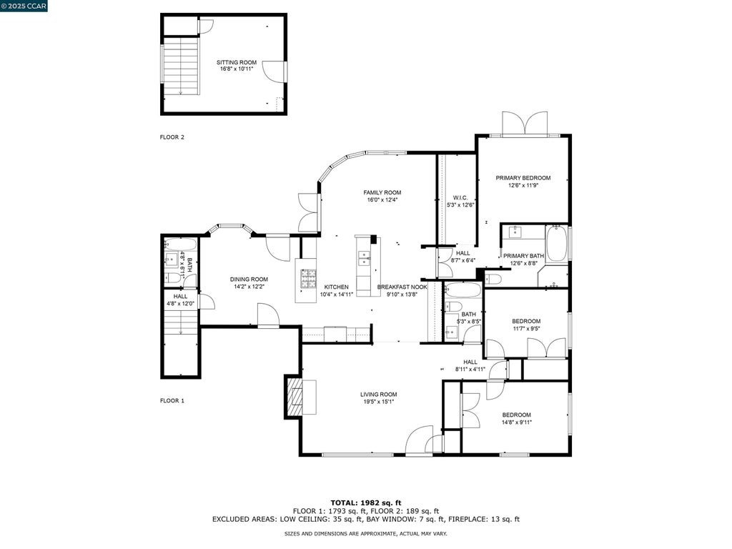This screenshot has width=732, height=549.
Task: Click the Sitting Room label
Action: [x=236, y=62]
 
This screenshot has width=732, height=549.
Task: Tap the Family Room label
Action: [x=382, y=192]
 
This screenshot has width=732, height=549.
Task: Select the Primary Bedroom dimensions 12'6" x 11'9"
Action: [x=523, y=185]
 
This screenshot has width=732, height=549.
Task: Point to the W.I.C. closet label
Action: [x=460, y=198]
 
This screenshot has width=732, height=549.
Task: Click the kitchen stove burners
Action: [x=307, y=279]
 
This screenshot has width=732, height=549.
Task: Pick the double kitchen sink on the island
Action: [x=364, y=257]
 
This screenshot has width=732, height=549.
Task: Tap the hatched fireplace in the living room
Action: [x=294, y=396]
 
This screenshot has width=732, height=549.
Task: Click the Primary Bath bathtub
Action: [x=556, y=243]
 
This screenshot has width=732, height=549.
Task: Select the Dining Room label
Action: [x=249, y=280]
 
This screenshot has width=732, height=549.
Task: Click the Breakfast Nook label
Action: [x=402, y=287]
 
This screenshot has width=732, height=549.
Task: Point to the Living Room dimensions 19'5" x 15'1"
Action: [x=379, y=402]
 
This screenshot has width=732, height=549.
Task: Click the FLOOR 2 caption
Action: [x=172, y=137]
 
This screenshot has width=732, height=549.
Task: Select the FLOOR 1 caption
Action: [x=172, y=400]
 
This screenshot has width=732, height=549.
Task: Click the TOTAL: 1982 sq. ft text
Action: [x=366, y=503]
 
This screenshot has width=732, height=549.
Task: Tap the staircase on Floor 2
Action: [x=181, y=66]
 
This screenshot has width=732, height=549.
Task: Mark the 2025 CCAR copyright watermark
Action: [x=24, y=6]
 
